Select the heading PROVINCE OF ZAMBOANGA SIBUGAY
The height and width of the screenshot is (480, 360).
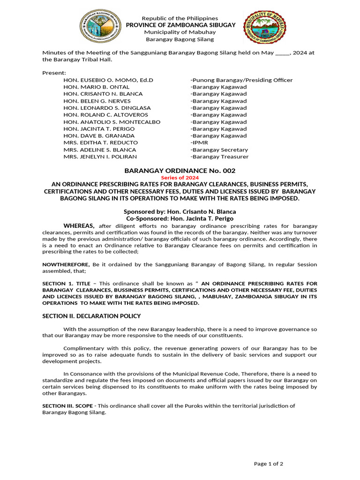click(x=180, y=25)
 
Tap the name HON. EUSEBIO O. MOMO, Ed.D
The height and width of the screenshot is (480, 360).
click(x=108, y=80)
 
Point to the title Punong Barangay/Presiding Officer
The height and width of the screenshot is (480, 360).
click(x=241, y=80)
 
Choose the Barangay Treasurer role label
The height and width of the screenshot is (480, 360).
click(x=219, y=157)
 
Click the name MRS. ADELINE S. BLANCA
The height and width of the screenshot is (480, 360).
click(x=100, y=150)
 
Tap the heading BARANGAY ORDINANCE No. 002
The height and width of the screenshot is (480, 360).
click(x=180, y=171)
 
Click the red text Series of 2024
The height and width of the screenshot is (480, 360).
click(x=180, y=178)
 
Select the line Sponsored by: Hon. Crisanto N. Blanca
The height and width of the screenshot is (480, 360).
click(x=180, y=212)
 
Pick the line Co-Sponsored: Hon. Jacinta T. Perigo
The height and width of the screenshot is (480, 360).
click(x=180, y=219)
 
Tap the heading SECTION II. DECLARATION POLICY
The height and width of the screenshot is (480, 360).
click(x=91, y=316)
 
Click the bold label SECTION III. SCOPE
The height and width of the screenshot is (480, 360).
click(x=67, y=406)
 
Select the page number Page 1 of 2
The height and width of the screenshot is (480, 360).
click(x=268, y=464)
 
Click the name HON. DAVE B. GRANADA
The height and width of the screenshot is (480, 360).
click(x=99, y=136)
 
